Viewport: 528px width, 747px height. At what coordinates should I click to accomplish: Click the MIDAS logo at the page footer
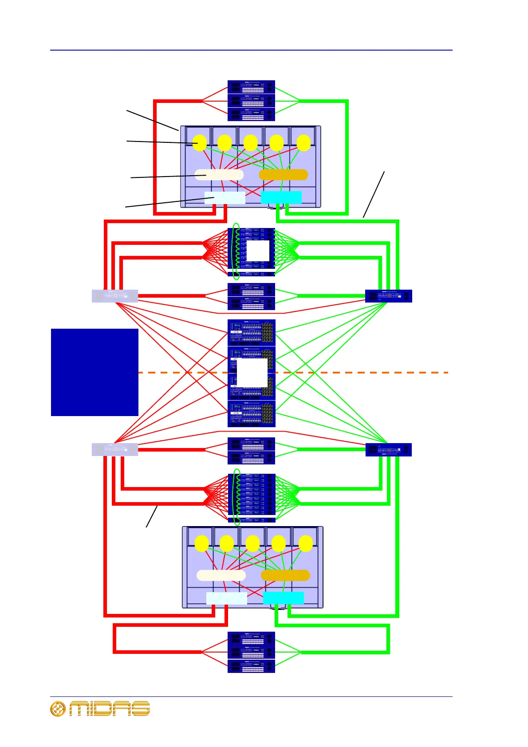[100, 708]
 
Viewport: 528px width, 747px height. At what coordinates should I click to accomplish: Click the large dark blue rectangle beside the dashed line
[95, 372]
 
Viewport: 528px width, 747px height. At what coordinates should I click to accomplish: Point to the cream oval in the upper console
[219, 175]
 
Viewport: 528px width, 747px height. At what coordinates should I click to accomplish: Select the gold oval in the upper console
[283, 175]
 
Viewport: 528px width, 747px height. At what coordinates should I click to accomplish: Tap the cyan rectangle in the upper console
[281, 197]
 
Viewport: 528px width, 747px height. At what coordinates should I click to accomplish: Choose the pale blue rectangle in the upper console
[225, 198]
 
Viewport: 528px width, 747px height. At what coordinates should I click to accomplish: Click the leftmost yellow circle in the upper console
[200, 143]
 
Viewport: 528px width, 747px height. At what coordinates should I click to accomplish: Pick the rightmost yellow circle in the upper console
[303, 143]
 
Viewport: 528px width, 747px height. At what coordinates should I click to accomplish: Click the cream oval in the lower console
[221, 575]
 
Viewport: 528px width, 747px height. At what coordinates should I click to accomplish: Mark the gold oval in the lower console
[285, 575]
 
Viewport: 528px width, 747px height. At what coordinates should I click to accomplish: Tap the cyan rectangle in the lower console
[283, 598]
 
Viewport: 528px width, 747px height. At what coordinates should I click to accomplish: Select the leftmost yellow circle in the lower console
[201, 543]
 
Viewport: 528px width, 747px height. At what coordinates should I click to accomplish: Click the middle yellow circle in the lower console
[252, 543]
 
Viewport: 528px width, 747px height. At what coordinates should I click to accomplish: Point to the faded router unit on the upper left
[114, 296]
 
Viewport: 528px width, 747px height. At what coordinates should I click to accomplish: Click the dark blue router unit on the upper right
[388, 296]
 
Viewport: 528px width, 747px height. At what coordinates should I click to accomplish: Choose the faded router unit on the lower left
[114, 449]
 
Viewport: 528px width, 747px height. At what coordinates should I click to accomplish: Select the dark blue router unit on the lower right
[388, 450]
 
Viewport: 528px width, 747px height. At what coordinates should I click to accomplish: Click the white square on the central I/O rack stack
[252, 373]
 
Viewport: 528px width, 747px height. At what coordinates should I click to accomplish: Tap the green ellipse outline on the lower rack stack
[237, 497]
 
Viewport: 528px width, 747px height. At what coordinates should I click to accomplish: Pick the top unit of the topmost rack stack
[251, 87]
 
